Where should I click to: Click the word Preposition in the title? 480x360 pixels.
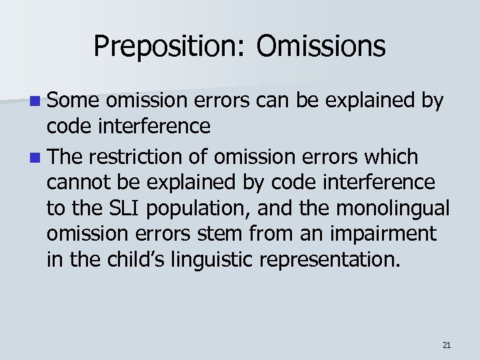click(x=170, y=47)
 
